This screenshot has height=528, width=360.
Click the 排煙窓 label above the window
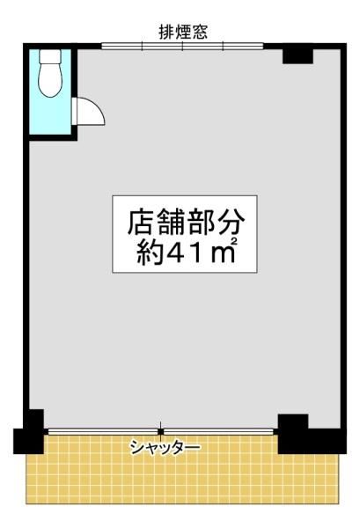click(183, 33)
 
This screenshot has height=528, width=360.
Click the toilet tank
click(50, 56)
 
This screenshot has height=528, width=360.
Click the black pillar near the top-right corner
click(298, 55)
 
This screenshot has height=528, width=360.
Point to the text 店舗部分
click(186, 223)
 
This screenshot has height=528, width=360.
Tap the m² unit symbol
click(223, 251)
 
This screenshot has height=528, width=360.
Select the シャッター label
click(165, 448)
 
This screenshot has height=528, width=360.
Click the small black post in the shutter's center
click(161, 431)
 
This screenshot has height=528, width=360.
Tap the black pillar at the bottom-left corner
click(29, 431)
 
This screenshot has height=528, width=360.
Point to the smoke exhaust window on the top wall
click(182, 46)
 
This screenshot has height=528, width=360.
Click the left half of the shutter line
click(103, 431)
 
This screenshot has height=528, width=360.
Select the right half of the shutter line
click(219, 431)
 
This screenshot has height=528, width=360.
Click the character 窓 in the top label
click(199, 33)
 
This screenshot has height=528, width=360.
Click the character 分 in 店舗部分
click(231, 223)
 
